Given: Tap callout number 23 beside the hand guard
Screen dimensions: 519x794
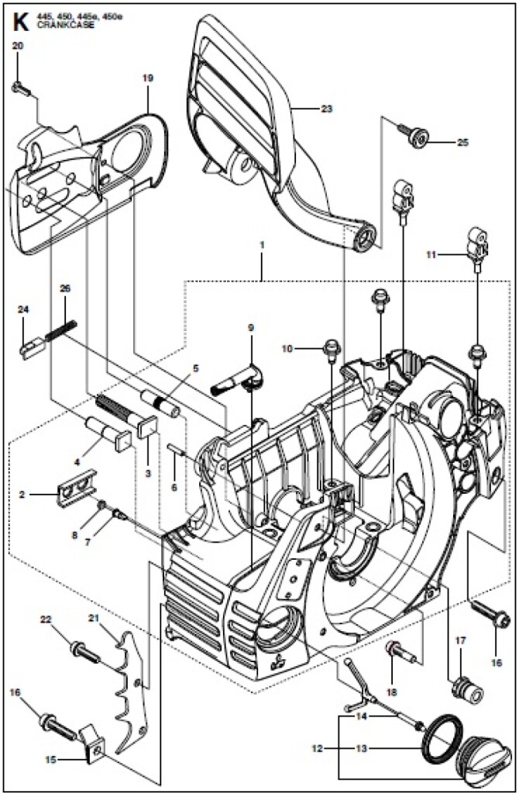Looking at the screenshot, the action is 326,109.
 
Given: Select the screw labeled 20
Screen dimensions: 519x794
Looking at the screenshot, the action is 21,89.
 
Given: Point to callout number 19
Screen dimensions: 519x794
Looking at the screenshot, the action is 148,78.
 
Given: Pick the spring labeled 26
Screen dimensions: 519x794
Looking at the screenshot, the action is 60,330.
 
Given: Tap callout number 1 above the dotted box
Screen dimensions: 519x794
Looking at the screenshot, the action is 262,244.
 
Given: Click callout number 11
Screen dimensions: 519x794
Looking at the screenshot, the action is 431,255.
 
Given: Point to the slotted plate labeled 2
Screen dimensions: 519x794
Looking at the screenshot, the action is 77,485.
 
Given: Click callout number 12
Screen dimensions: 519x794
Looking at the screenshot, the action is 317,747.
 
